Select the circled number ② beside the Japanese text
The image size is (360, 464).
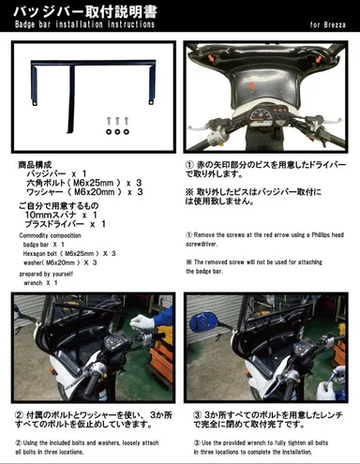[x=19, y=412]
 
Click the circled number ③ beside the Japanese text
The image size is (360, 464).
[x=198, y=412]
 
